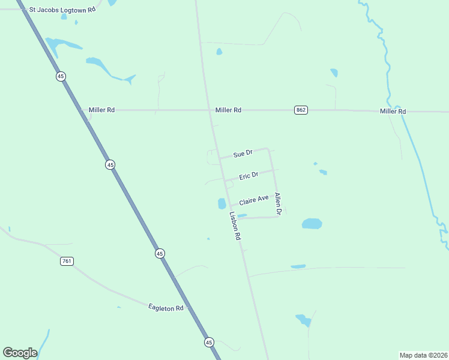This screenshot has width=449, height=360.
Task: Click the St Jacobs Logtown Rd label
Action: [x=62, y=10]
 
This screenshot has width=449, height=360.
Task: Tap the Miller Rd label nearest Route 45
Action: [x=101, y=110]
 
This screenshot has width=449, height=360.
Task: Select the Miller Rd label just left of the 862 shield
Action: [x=228, y=110]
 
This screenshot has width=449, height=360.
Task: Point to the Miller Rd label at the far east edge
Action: [x=393, y=112]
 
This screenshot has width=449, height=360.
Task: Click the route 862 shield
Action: [x=301, y=110]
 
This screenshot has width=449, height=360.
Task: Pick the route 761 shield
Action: [x=67, y=261]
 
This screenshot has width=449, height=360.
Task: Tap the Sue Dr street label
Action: [x=243, y=154]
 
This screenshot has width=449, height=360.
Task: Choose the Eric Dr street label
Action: [x=249, y=176]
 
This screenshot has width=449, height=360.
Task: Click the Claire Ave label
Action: [x=253, y=199]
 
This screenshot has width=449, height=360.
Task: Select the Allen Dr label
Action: [x=278, y=203]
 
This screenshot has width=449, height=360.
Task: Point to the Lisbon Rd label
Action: [x=235, y=226]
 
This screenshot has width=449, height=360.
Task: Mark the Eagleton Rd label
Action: [x=166, y=308]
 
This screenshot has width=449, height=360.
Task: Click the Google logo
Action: [x=20, y=353]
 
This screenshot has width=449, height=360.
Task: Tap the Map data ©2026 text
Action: [x=423, y=355]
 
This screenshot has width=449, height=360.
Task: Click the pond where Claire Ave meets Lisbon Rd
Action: [x=221, y=204]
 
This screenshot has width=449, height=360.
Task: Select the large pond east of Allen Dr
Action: [x=312, y=224]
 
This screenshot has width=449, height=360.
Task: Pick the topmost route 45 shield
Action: [x=61, y=76]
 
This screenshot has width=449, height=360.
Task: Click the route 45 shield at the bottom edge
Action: [x=208, y=341]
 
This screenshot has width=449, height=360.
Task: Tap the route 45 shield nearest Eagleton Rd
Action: [x=159, y=254]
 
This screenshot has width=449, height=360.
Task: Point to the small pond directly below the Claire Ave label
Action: [x=242, y=215]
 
